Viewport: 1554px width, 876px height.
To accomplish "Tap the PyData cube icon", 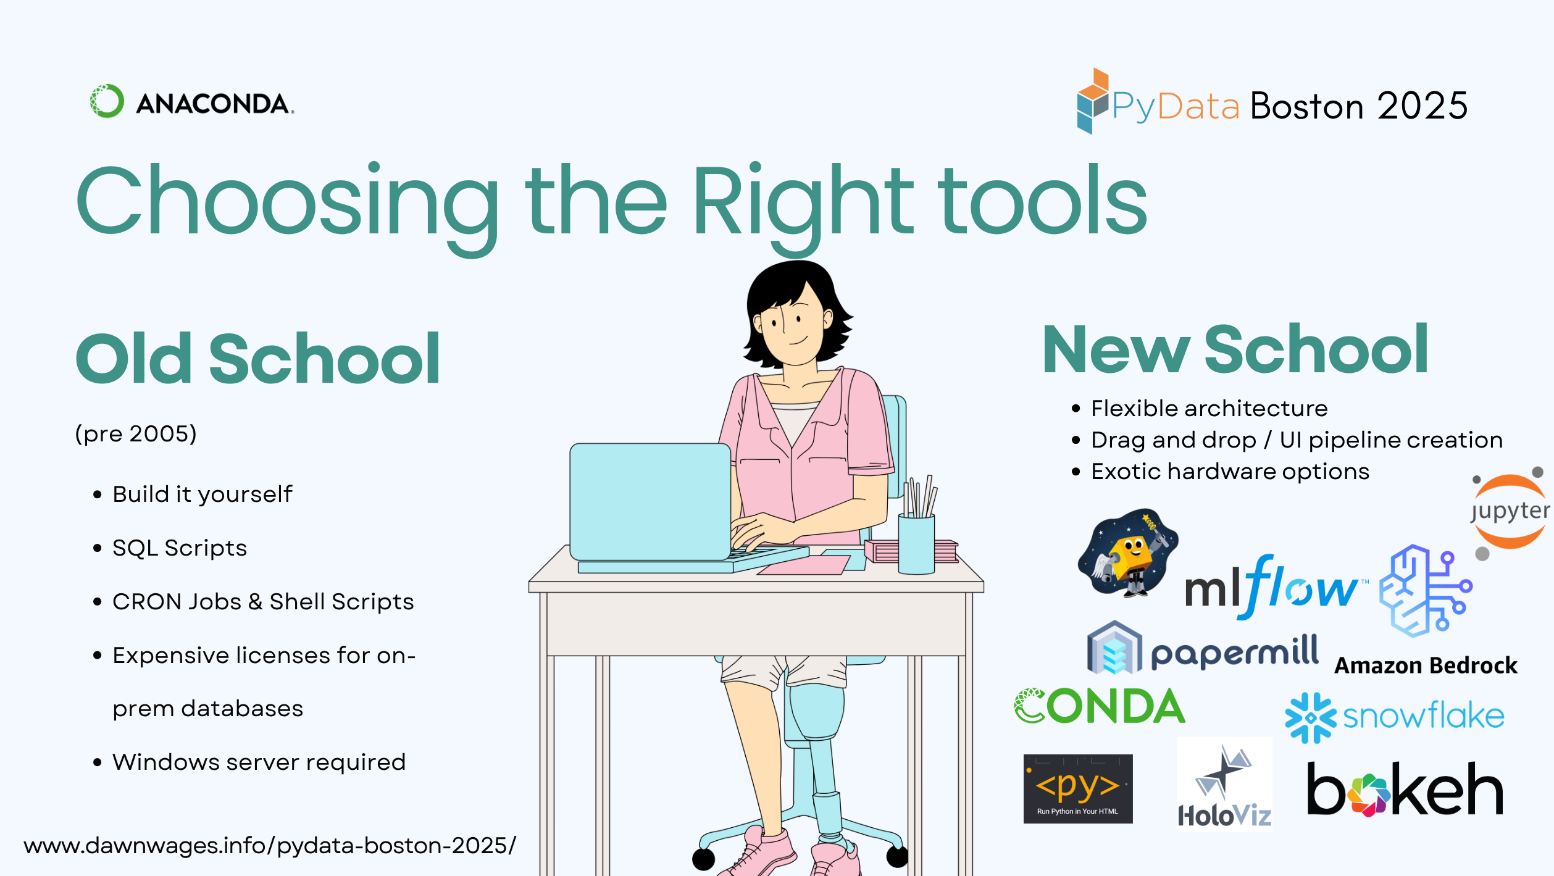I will pyautogui.click(x=1092, y=101).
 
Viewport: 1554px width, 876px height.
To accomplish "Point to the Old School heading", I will pyautogui.click(x=257, y=359).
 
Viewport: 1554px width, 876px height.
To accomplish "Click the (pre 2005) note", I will pyautogui.click(x=136, y=434).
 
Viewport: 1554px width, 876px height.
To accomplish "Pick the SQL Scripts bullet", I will pyautogui.click(x=179, y=548).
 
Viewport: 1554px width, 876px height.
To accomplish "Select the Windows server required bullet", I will pyautogui.click(x=259, y=762).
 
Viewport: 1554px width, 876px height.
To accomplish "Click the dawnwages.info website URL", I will pyautogui.click(x=269, y=845).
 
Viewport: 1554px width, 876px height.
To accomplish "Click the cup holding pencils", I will pyautogui.click(x=916, y=543).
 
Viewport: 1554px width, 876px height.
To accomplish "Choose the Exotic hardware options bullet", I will pyautogui.click(x=1229, y=472).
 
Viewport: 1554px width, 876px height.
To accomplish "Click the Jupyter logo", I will pyautogui.click(x=1509, y=512).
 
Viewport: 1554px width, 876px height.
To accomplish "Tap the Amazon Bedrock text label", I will pyautogui.click(x=1426, y=665).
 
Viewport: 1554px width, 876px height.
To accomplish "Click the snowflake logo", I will pyautogui.click(x=1394, y=717).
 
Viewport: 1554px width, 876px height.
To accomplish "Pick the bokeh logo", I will pyautogui.click(x=1405, y=790).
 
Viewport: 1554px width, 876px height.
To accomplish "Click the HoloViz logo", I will pyautogui.click(x=1224, y=785).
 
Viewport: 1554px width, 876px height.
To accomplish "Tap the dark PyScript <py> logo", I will pyautogui.click(x=1077, y=788).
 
